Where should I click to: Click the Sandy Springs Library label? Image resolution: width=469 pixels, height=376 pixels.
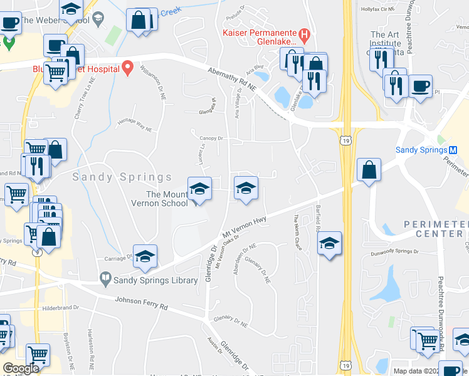(155, 281)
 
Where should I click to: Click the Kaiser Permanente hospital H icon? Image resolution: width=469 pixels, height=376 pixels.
(303, 33)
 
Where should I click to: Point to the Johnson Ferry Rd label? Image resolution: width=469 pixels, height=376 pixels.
(141, 304)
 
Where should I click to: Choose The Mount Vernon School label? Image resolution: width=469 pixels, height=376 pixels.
(159, 199)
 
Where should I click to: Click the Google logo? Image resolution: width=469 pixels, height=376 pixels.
(21, 368)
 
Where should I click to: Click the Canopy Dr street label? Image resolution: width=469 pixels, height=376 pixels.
(211, 138)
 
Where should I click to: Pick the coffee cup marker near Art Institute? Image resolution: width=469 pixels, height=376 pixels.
(420, 85)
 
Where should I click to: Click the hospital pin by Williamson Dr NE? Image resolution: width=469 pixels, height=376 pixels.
(128, 67)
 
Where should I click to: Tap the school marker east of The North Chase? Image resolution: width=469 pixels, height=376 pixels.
(329, 244)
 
